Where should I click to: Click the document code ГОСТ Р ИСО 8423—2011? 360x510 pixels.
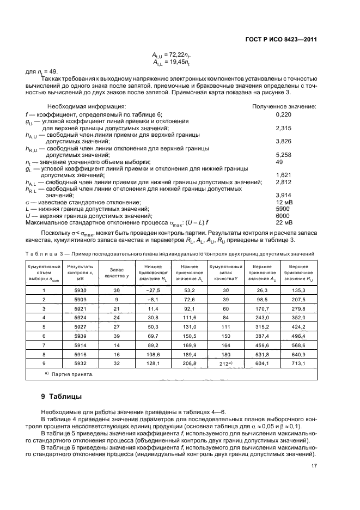(x=285, y=40)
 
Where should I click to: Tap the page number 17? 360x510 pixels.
(x=314, y=465)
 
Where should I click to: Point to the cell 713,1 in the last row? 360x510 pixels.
(x=297, y=363)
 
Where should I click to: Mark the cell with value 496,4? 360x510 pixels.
(x=297, y=336)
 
